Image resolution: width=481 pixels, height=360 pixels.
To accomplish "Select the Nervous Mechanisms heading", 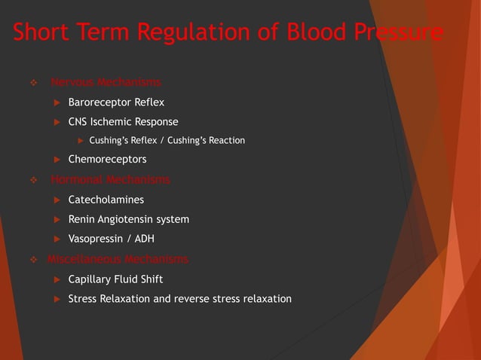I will point(106,82).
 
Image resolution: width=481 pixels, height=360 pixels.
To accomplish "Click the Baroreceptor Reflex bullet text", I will point(116,102).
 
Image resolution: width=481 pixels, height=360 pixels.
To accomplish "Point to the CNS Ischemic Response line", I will point(123,121).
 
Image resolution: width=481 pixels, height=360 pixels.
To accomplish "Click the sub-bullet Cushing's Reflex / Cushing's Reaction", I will point(167,140).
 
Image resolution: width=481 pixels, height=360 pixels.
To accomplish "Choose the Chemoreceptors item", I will point(107,160).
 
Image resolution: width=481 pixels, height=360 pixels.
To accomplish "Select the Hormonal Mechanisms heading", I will point(110,179).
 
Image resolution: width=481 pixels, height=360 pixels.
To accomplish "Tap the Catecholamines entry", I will point(106,200).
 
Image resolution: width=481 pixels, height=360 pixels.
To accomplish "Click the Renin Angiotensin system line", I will point(128,219).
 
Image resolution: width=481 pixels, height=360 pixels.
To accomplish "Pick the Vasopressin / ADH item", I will point(111,239).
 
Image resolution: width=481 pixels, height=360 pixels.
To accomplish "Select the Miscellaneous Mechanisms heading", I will point(118,259).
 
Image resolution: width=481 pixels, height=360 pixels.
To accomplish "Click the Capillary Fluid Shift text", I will point(115,279).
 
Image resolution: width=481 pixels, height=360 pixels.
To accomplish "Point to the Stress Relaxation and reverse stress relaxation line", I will point(179,299).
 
